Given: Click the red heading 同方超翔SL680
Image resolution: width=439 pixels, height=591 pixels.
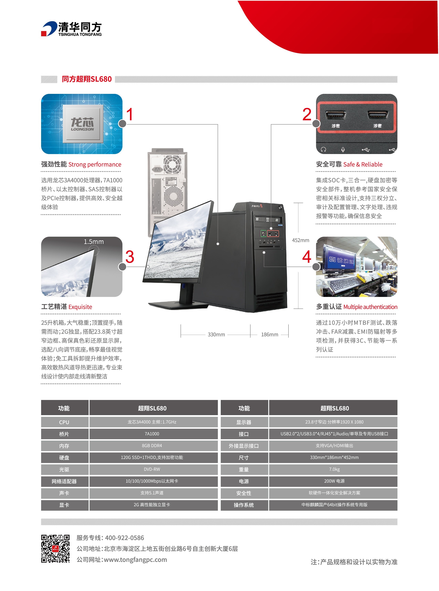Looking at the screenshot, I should point(87,79).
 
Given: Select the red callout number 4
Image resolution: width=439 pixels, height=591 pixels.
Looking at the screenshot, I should point(307,257).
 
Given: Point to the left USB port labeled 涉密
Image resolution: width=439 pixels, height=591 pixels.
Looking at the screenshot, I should point(336,115).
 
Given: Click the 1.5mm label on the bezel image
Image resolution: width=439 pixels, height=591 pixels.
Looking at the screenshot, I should point(94,242).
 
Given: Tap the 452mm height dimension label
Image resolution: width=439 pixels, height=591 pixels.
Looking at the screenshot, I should point(300,240).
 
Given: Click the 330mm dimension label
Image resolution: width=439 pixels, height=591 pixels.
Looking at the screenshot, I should point(216,335).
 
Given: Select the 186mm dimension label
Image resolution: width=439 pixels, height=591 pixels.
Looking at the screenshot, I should point(269,335).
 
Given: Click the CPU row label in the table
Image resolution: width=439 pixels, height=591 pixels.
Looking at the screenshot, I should point(64,422).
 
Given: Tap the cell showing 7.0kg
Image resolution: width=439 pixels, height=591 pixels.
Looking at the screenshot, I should point(334,469).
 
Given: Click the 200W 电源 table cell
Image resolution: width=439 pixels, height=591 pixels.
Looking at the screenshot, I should point(334,481).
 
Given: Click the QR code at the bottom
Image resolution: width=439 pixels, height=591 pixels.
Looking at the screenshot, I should point(55,549).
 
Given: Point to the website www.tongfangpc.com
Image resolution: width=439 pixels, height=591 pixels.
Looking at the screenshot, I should point(135,560).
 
